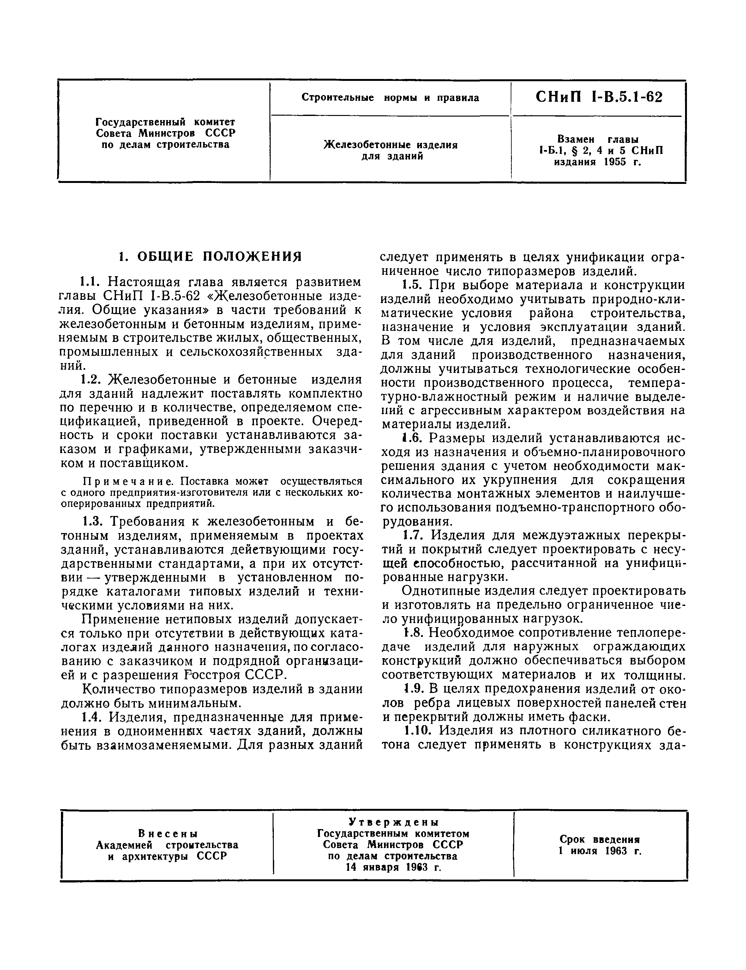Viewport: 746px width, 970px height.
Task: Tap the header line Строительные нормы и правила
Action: [390, 98]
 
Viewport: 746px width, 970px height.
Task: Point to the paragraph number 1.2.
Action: [92, 380]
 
